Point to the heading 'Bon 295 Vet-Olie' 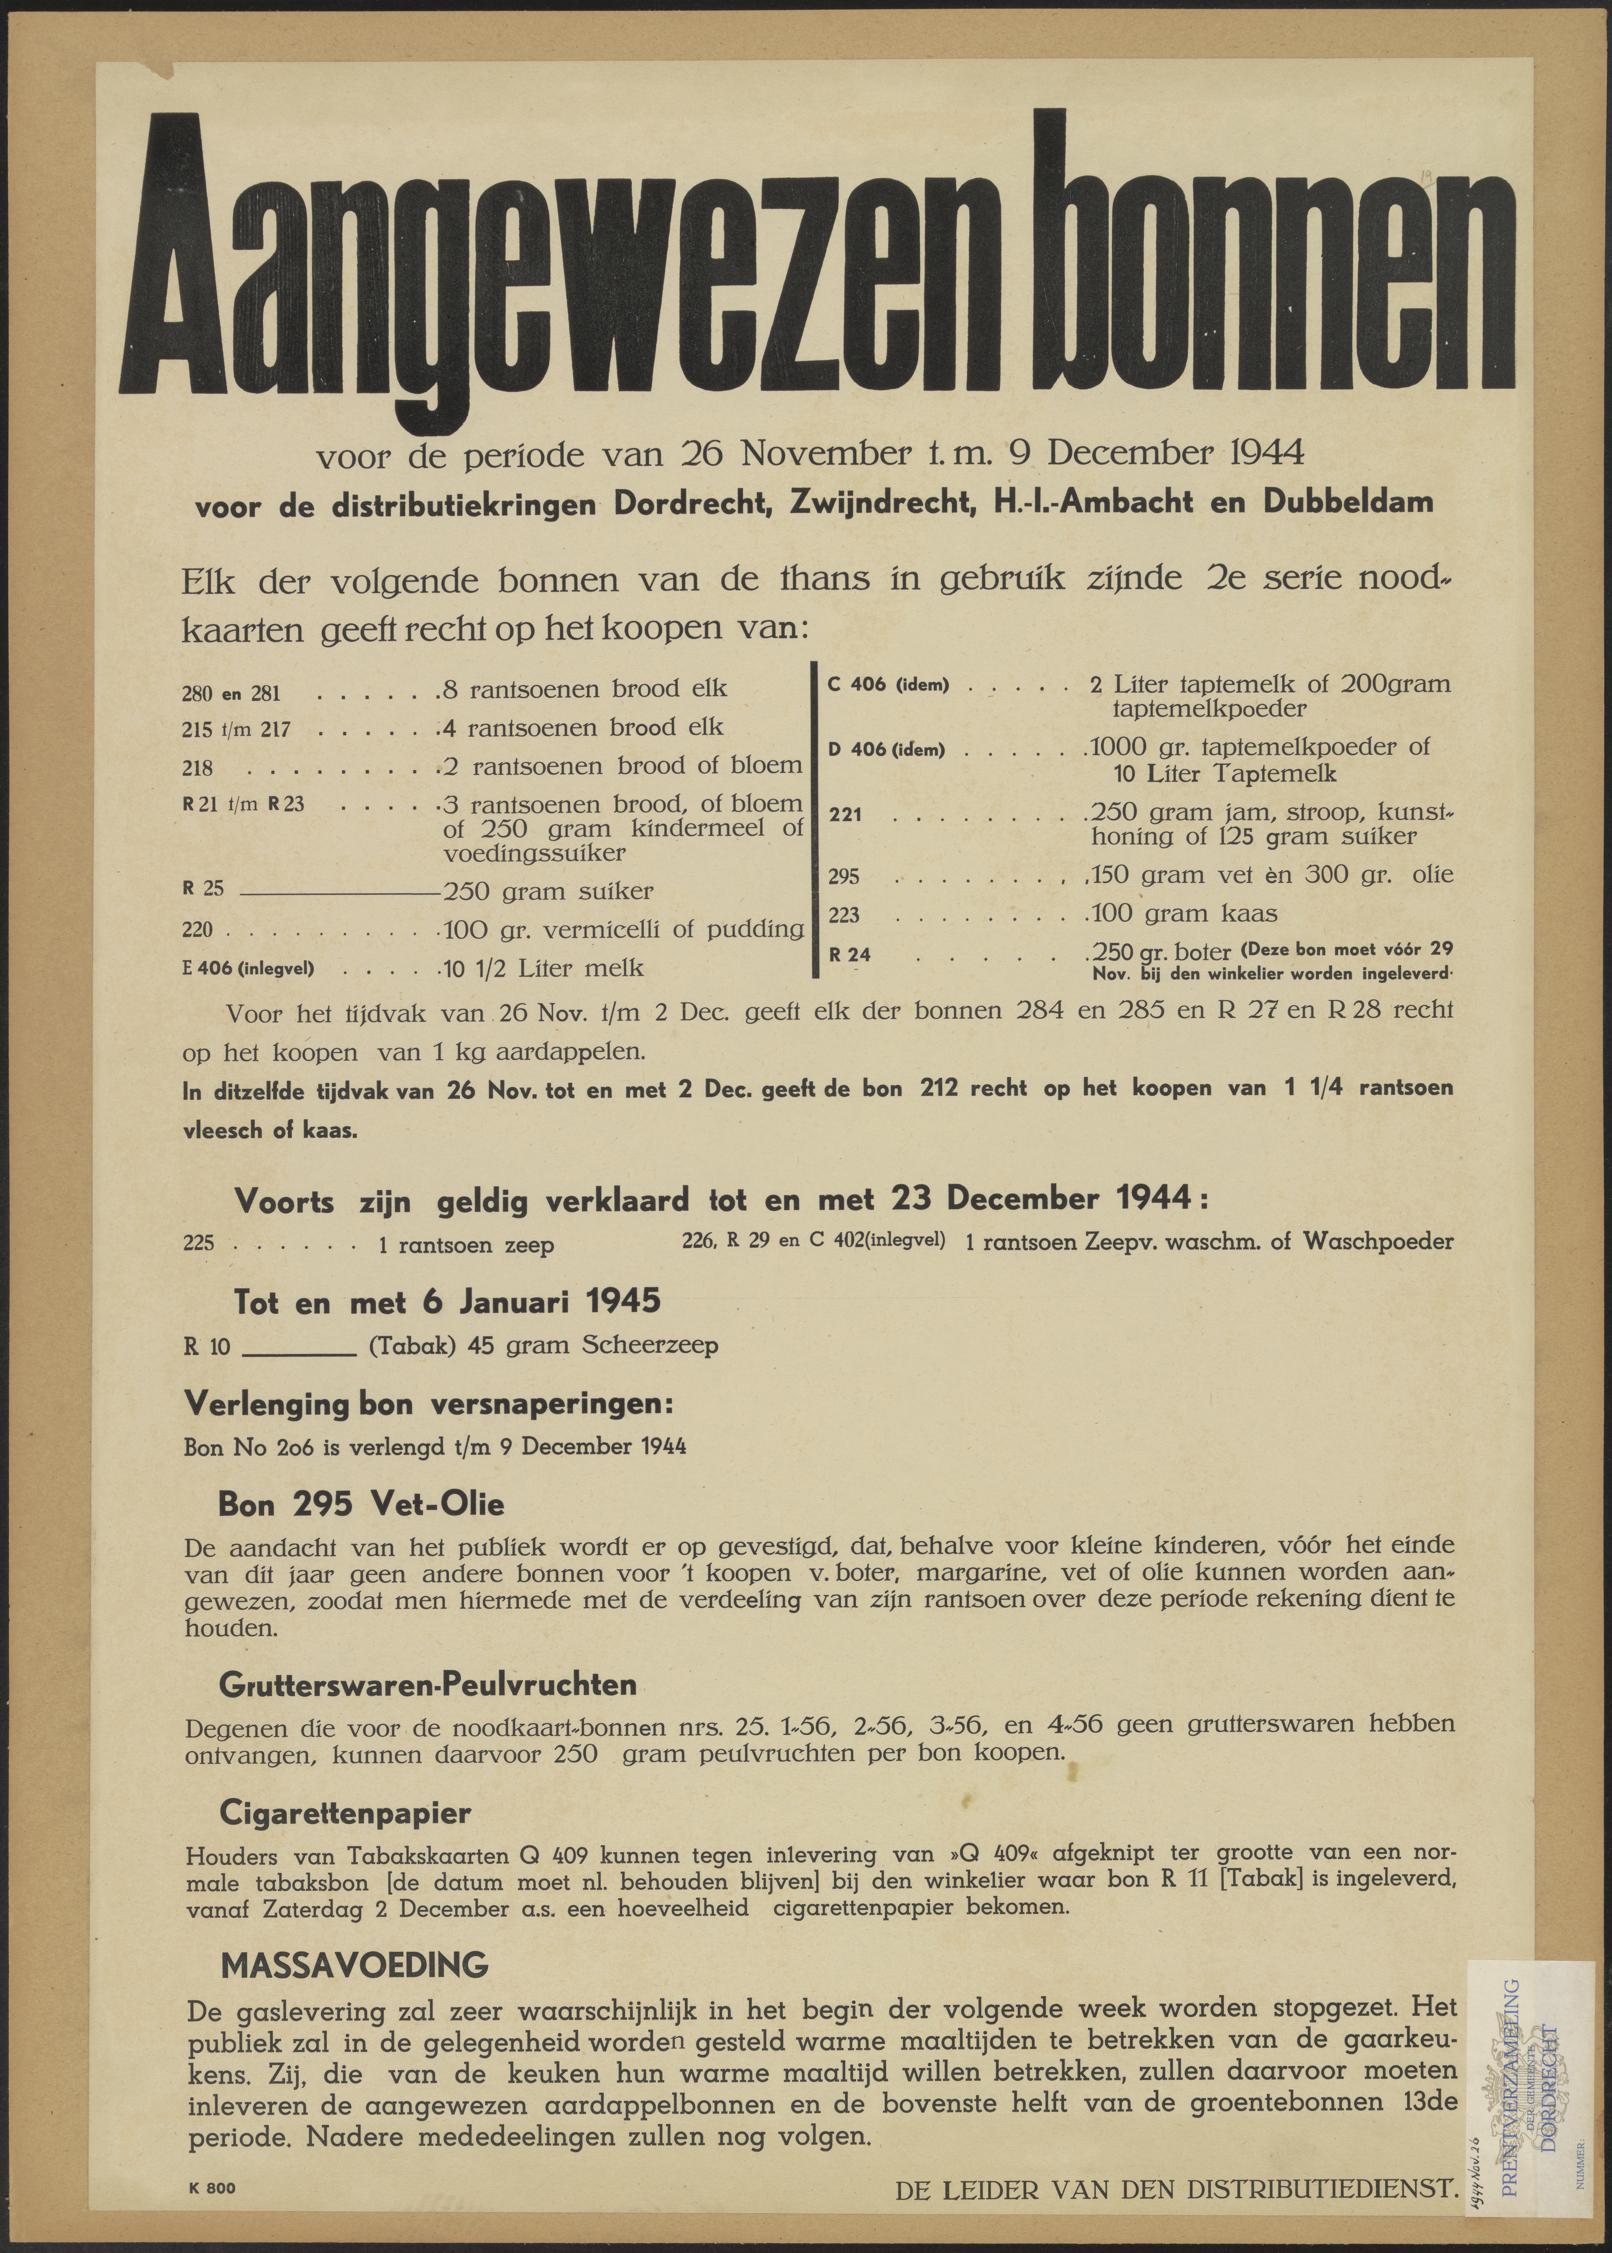tap(361, 1504)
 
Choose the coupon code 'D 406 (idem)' tap(886, 749)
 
